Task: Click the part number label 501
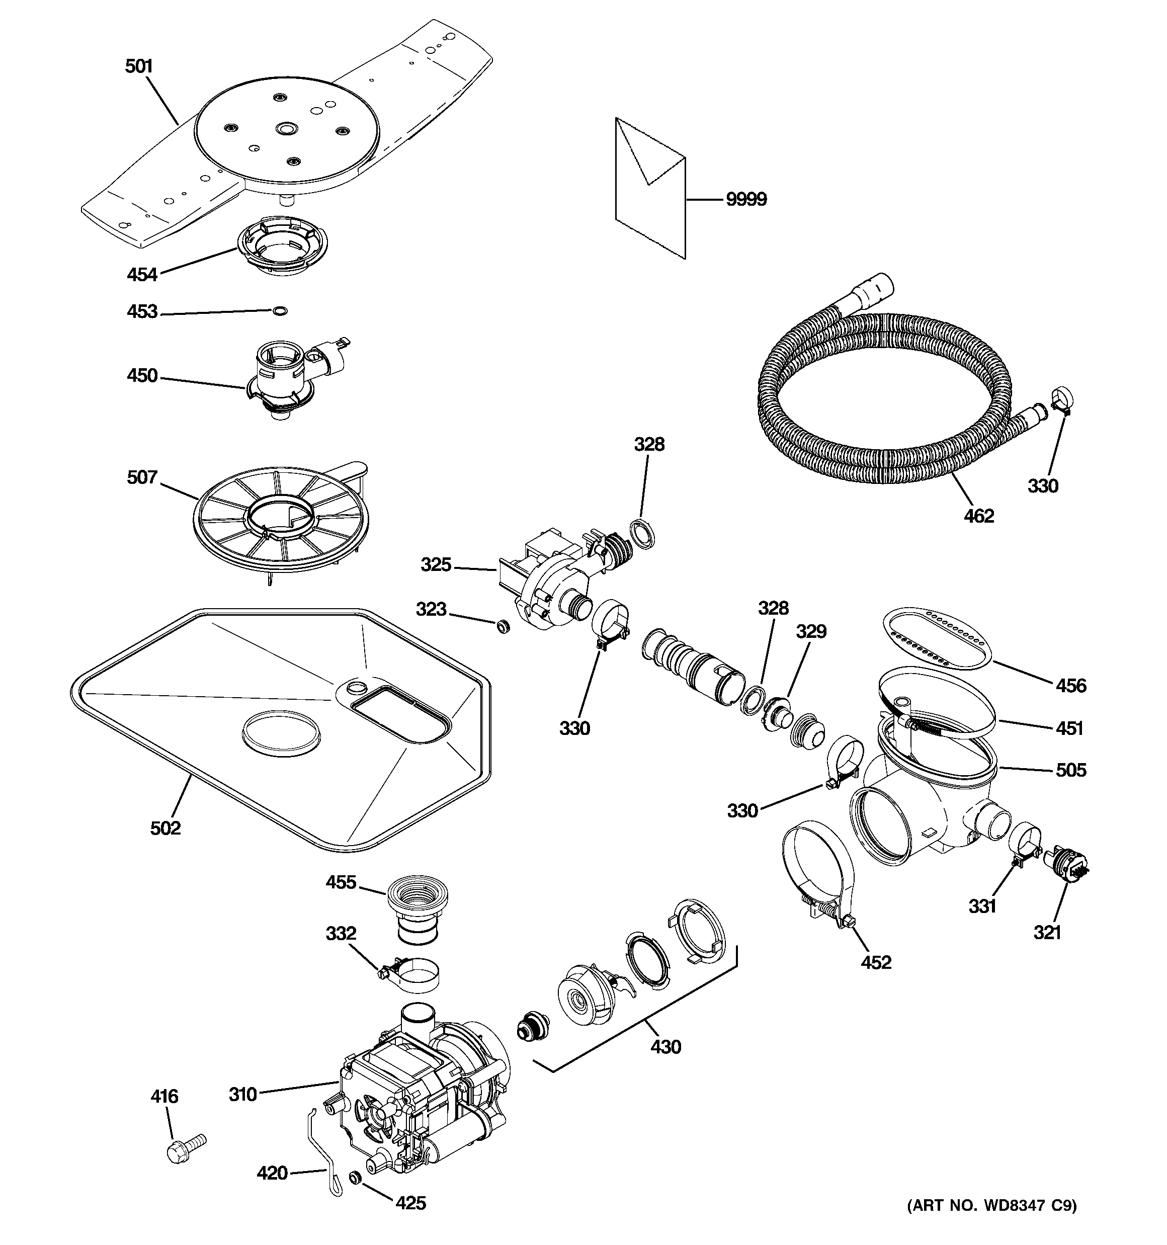point(139,66)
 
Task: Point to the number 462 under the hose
point(978,516)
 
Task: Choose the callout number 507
point(142,477)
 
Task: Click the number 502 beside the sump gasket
point(165,828)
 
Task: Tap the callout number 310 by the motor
point(242,1094)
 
